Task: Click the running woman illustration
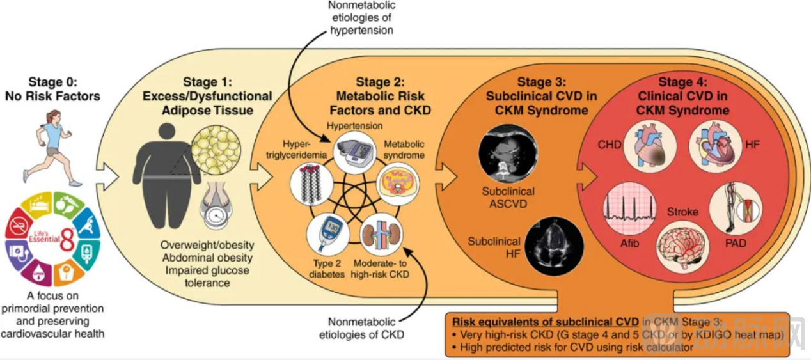tap(52, 148)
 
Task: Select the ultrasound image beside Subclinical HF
tap(560, 241)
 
